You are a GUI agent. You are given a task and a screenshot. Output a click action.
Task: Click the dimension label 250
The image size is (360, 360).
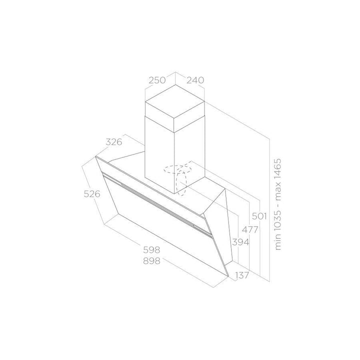pyautogui.click(x=157, y=80)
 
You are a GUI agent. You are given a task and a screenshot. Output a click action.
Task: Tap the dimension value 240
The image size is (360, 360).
pyautogui.click(x=195, y=80)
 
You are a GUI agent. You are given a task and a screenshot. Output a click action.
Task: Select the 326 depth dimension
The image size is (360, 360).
pyautogui.click(x=114, y=142)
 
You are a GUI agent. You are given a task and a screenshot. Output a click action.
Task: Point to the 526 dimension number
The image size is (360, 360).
pyautogui.click(x=92, y=194)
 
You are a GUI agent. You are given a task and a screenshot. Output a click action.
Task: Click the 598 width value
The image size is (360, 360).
pyautogui.click(x=151, y=249)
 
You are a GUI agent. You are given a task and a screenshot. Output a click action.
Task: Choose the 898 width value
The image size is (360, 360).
pyautogui.click(x=151, y=261)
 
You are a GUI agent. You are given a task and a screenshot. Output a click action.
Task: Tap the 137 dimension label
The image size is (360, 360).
pyautogui.click(x=242, y=275)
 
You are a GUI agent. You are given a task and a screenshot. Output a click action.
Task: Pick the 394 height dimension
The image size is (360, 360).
pyautogui.click(x=240, y=242)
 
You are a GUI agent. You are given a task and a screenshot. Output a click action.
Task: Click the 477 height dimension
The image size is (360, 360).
pyautogui.click(x=250, y=229)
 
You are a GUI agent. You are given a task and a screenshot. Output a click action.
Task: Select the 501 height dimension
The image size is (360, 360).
pyautogui.click(x=259, y=216)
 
